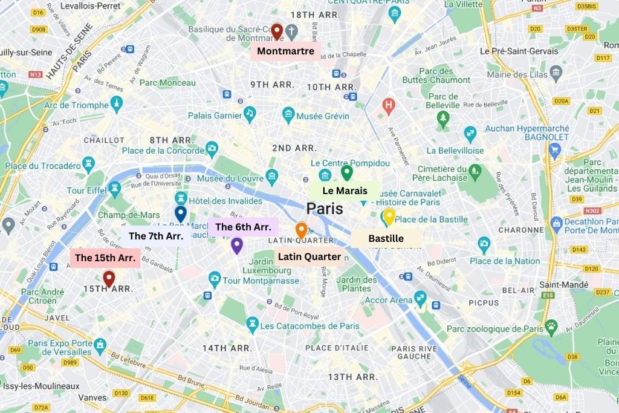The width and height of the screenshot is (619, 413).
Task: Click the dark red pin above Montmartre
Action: [277, 31]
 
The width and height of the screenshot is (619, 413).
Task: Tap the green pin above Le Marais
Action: [346, 172]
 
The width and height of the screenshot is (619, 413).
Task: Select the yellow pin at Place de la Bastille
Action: [389, 216]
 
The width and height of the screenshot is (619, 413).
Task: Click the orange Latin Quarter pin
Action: [301, 230]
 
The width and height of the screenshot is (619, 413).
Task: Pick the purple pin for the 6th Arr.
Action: [237, 245]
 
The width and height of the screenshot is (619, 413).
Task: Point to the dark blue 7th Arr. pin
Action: [180, 213]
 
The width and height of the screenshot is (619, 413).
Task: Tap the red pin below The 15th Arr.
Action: [109, 278]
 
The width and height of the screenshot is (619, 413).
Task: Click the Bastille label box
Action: [386, 238]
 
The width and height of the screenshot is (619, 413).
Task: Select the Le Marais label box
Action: [345, 191]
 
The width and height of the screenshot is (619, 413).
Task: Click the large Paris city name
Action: [325, 209]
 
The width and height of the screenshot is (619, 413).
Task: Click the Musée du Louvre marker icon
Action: [272, 177]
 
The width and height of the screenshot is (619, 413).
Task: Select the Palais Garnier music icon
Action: [249, 114]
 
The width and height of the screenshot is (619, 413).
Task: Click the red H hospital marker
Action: [389, 106]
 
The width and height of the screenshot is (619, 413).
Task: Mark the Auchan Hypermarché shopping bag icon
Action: [554, 148]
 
